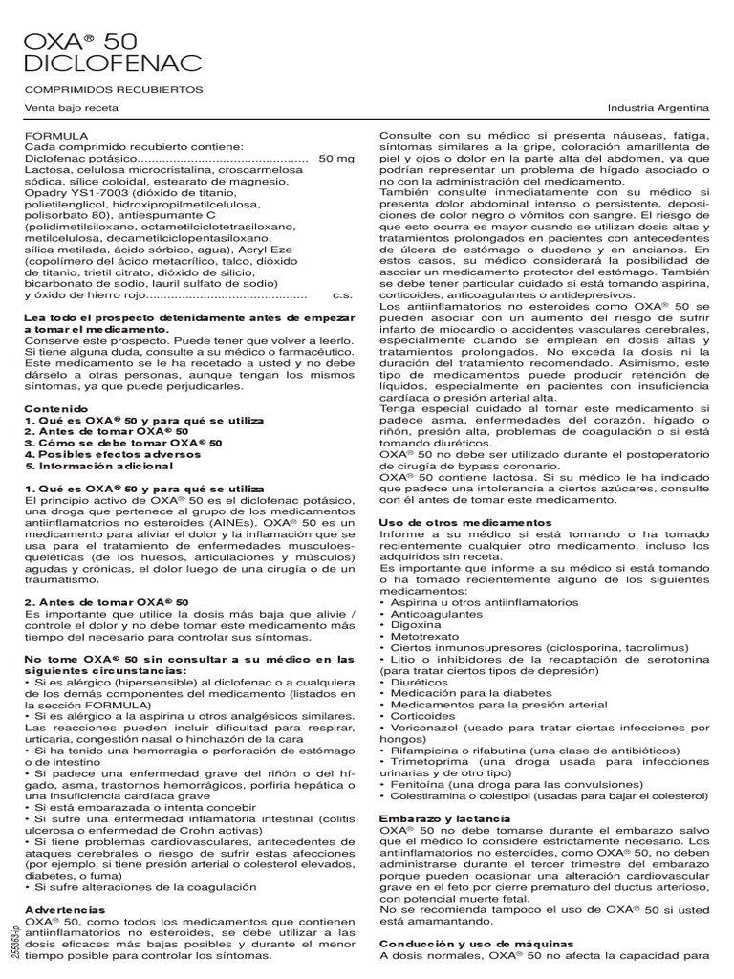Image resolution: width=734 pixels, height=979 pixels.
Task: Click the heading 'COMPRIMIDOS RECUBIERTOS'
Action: (x=113, y=89)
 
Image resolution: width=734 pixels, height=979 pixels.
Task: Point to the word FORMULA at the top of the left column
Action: (x=54, y=137)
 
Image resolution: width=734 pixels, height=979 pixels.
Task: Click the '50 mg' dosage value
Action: (x=335, y=158)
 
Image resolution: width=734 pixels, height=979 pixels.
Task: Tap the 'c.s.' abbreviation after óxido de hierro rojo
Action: (x=342, y=295)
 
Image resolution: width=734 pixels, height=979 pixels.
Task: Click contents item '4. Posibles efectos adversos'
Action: (x=106, y=454)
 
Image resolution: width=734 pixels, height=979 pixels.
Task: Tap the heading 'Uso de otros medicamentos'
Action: (x=465, y=523)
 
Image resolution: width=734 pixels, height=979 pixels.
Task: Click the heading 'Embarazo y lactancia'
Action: (x=444, y=819)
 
